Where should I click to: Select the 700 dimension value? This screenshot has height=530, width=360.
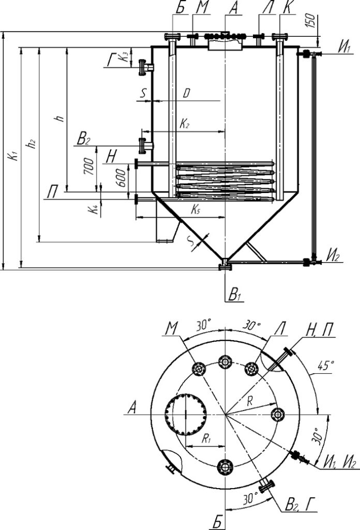coord(89,166)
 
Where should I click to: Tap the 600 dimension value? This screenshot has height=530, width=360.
coord(121,178)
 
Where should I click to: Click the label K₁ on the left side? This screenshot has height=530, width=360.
coord(13,156)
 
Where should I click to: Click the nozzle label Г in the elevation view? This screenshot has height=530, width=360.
coord(111,60)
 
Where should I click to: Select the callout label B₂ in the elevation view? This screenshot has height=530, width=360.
coord(83,139)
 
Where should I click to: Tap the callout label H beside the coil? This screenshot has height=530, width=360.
coord(112,157)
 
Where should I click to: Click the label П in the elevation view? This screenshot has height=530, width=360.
coord(52,193)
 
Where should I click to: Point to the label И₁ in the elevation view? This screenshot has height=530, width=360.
coord(344,48)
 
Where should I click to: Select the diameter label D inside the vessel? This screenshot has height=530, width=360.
coord(186,94)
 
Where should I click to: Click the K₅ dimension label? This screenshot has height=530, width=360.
coord(196,210)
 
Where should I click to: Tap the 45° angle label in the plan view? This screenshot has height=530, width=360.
coord(326,365)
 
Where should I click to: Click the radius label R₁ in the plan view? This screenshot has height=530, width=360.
coord(207,439)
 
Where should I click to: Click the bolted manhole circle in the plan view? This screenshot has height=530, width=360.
coord(186,414)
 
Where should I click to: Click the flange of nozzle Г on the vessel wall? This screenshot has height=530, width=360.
coord(142,67)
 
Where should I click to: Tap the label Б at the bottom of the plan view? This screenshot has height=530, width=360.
coord(218,522)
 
